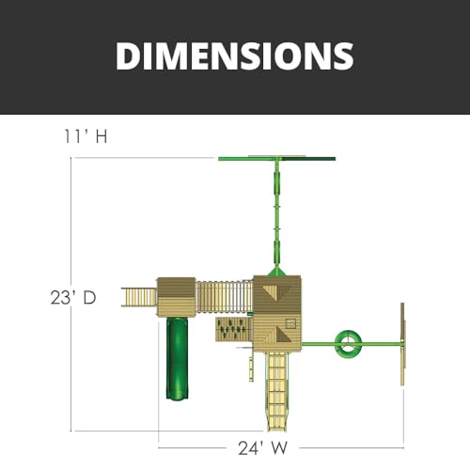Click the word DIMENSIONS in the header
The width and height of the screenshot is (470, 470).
235,55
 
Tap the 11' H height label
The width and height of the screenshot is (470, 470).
86,136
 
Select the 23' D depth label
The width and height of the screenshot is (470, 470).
73,297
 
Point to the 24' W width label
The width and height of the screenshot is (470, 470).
262,448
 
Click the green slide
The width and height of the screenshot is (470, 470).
178,358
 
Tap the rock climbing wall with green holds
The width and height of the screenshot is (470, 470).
234,330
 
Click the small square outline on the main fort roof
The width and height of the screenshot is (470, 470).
290,323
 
